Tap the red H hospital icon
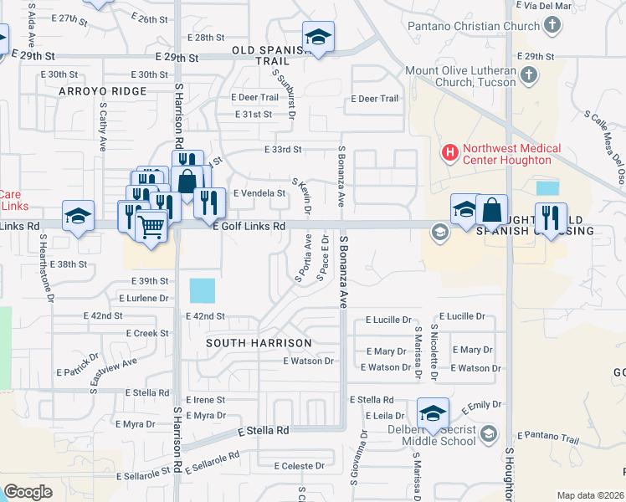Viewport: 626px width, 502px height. coord(449,152)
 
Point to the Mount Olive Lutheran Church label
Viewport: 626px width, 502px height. coord(463,77)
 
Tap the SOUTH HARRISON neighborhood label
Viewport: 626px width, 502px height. coord(259,343)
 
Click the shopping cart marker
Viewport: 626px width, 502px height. coord(151,226)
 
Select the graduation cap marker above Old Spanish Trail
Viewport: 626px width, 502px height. coord(318,38)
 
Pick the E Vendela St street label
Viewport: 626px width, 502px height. coord(259,193)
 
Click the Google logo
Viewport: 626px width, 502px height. coord(28,492)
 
